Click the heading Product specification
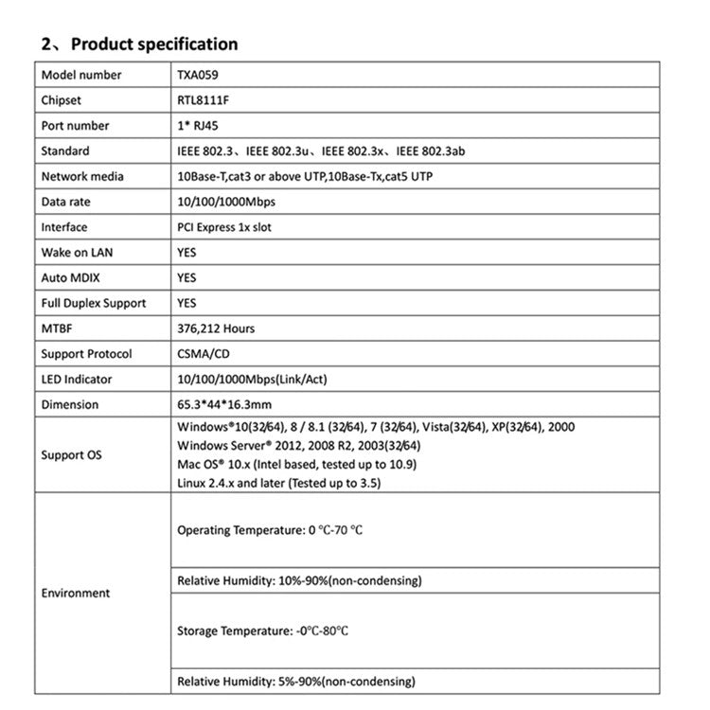tap(154, 44)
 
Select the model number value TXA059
tap(197, 75)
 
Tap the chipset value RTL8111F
tap(203, 100)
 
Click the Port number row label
tap(75, 126)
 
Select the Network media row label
tap(82, 176)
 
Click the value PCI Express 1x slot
tap(224, 227)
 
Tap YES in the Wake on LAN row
tap(186, 253)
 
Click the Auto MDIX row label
tap(70, 278)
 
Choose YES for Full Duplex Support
tap(186, 303)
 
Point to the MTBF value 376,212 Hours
tap(216, 328)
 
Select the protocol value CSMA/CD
tap(204, 354)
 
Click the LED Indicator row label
tap(77, 380)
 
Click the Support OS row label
tap(71, 455)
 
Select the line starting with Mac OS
tap(296, 465)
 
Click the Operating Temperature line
tap(270, 530)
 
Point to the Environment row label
tap(76, 594)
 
